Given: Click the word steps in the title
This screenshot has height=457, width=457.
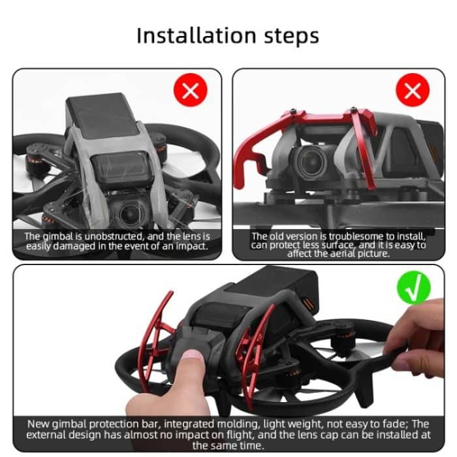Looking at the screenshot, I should (288, 37).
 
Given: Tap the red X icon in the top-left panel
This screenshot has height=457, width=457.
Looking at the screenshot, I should (190, 91).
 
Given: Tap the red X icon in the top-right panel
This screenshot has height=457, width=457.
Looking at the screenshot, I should (413, 91).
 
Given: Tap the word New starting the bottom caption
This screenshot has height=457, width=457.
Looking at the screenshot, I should (39, 424).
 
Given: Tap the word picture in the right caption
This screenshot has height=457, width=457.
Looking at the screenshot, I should (373, 254).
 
